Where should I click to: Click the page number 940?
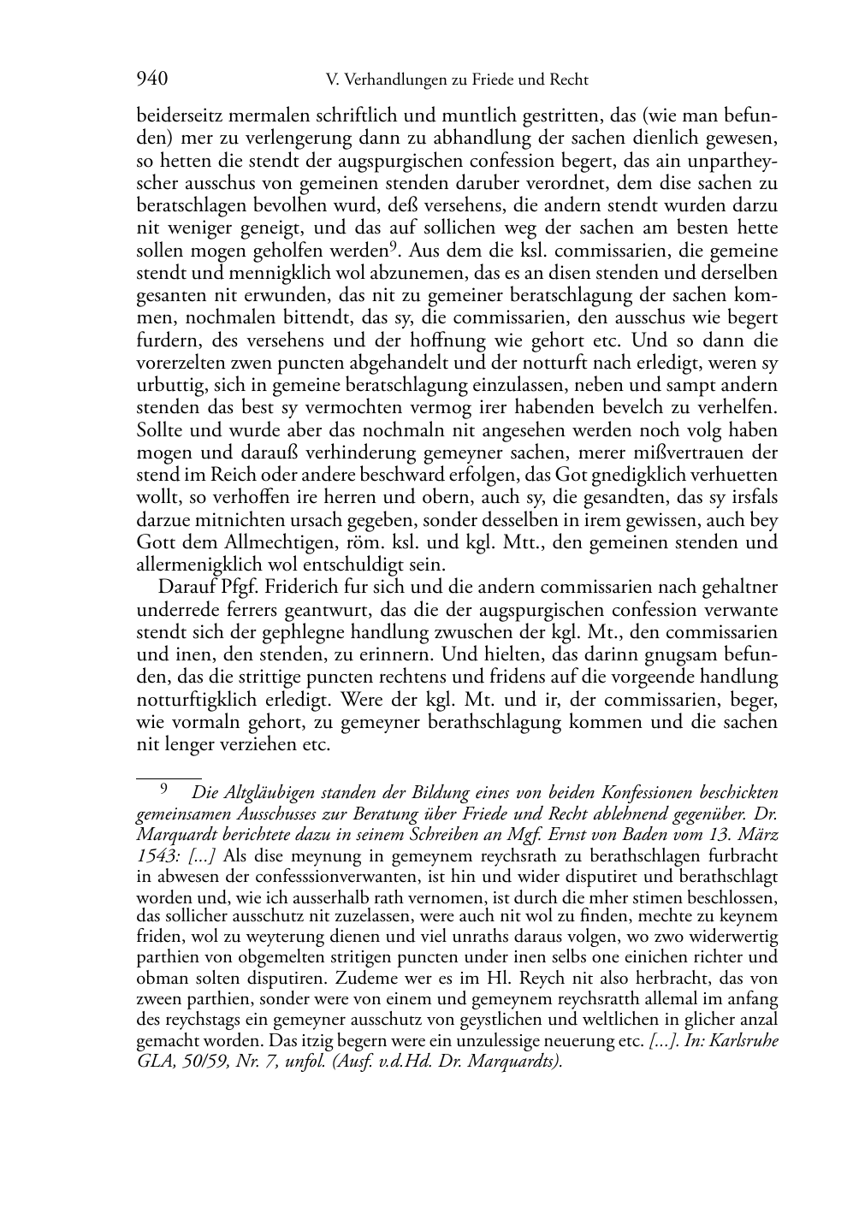click(x=151, y=80)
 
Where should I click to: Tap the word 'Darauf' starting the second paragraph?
click(x=183, y=587)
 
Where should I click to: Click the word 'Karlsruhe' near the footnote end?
click(x=743, y=1042)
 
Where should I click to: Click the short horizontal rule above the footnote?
click(x=169, y=778)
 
